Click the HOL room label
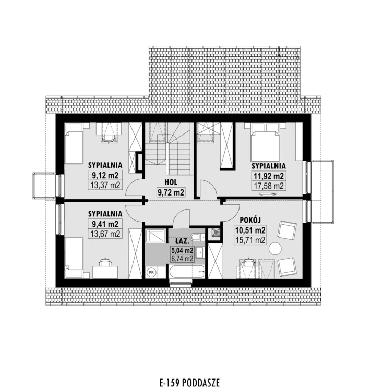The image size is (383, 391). click(171, 182)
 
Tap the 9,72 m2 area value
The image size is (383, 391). click(171, 192)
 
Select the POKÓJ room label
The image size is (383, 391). click(250, 219)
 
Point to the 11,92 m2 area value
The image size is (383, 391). click(269, 176)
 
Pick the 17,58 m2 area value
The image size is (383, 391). click(269, 186)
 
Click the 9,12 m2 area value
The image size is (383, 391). click(105, 175)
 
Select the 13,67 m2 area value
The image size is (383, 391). click(106, 234)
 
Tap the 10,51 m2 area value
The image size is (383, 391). click(250, 230)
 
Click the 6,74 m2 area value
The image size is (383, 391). click(182, 259)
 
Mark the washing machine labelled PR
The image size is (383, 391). click(151, 272)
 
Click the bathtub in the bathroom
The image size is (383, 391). click(187, 272)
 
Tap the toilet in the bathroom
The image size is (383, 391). click(198, 237)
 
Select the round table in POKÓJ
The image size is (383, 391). click(275, 249)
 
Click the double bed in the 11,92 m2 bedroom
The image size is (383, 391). click(265, 141)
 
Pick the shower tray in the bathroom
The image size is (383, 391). click(155, 236)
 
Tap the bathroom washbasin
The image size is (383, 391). click(200, 252)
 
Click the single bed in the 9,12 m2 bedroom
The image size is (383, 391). click(74, 144)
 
